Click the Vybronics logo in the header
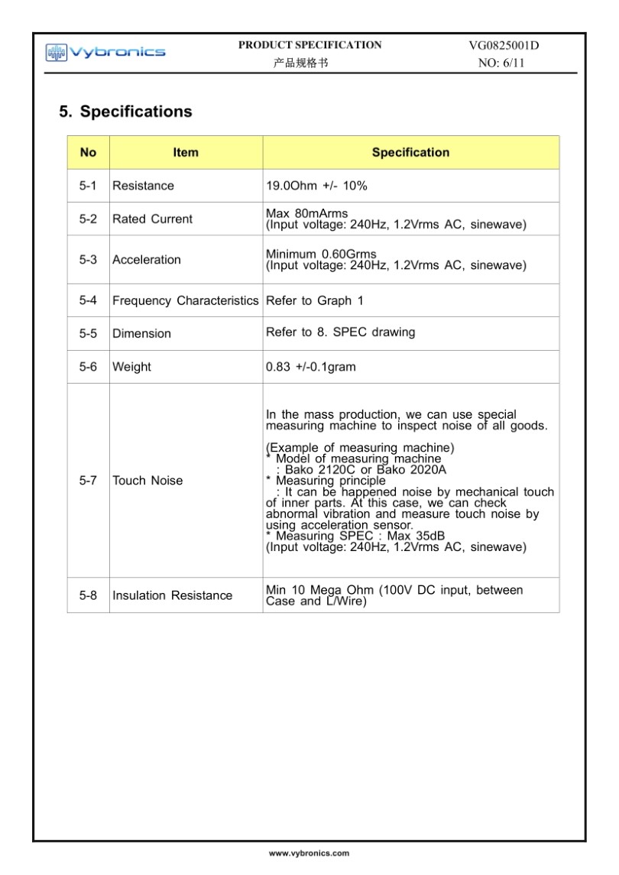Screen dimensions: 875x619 [105, 52]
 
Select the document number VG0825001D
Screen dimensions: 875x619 [504, 45]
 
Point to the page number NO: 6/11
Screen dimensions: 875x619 [501, 63]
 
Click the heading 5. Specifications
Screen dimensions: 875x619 [126, 112]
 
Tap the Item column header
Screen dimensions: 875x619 [186, 152]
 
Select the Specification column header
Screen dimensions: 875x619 [410, 152]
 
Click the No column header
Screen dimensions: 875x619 [88, 152]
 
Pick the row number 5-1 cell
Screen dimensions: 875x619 [88, 186]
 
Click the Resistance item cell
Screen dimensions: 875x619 [143, 186]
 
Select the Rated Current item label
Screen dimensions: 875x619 [152, 219]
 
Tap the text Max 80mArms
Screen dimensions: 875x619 [306, 212]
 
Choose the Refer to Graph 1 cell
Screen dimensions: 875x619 [314, 300]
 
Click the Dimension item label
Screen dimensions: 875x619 [141, 334]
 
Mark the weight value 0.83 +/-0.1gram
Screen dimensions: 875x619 [310, 367]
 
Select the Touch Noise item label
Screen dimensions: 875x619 [147, 481]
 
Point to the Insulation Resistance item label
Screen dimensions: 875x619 [172, 595]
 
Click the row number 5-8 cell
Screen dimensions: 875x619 [88, 595]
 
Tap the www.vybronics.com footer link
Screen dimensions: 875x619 [309, 853]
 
